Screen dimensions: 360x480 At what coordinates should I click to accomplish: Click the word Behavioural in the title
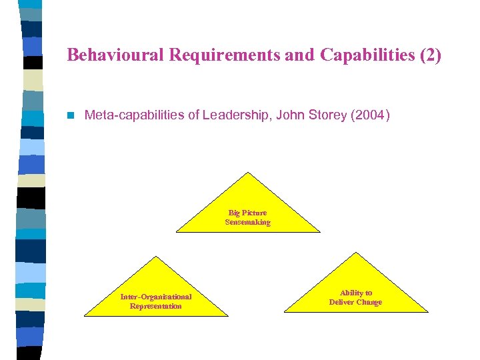[x=116, y=55]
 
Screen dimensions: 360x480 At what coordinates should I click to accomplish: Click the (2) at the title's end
[x=428, y=55]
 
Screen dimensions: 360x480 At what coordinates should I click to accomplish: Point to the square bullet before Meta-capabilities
[x=71, y=116]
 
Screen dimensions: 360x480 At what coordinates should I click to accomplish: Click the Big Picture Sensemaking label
[x=248, y=218]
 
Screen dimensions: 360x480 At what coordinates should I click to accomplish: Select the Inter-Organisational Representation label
[x=155, y=301]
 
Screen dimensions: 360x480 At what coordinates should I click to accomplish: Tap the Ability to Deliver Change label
[x=355, y=297]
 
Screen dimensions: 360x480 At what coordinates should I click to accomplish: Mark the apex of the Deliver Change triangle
[x=356, y=253]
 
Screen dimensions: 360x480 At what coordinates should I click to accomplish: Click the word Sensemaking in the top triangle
[x=248, y=223]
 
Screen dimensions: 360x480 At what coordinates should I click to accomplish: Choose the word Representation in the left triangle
[x=155, y=306]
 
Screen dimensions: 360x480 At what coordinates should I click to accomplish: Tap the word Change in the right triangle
[x=369, y=302]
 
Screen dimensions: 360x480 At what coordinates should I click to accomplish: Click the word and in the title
[x=300, y=55]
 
